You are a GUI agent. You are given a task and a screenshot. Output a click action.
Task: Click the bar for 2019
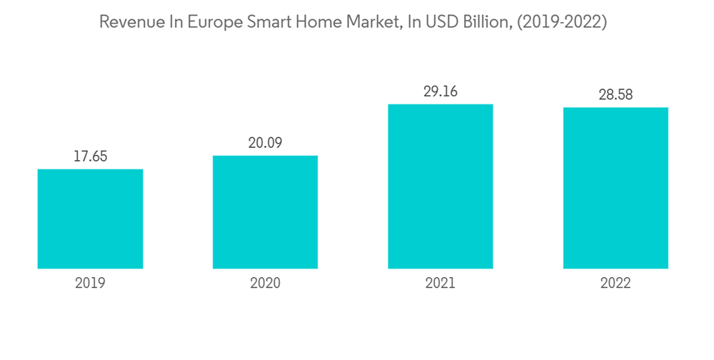[90, 219]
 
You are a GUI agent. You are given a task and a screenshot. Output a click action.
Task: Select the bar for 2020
[265, 212]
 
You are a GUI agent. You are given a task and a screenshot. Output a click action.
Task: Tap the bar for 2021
[441, 186]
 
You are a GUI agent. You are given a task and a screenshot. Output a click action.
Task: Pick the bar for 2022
[615, 188]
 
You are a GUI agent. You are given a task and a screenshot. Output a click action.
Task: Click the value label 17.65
[90, 156]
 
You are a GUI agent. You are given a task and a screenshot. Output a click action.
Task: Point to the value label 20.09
[265, 143]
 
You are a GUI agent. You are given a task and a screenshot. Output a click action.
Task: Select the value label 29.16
[441, 91]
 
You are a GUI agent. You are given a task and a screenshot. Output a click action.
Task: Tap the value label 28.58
[615, 94]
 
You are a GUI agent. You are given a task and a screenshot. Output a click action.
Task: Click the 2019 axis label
[90, 284]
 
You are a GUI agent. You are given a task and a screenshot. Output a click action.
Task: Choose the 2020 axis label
[265, 284]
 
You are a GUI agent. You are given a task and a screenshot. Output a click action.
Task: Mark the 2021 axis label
[441, 284]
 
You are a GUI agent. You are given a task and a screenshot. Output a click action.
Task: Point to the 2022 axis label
[615, 284]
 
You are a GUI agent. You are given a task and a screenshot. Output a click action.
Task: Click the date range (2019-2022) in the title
[566, 22]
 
